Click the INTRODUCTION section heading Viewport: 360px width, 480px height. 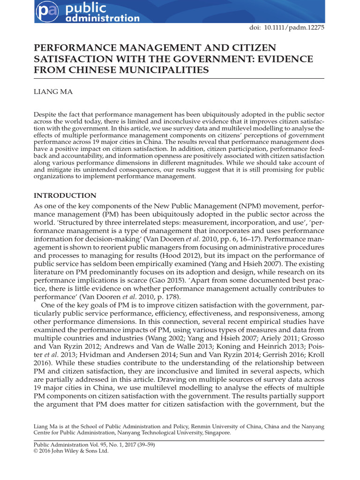tap(65, 195)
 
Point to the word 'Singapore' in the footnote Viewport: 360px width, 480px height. tap(217, 433)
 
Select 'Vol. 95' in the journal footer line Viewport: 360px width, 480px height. tap(93, 444)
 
